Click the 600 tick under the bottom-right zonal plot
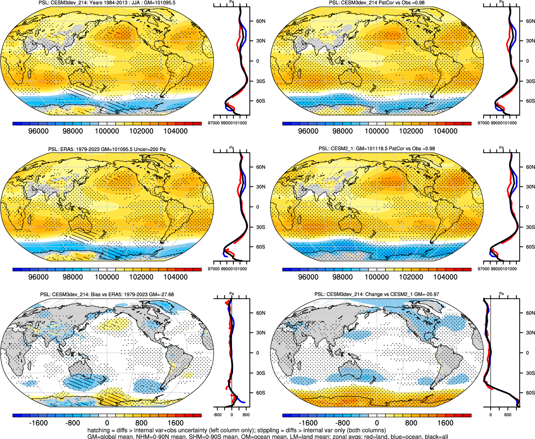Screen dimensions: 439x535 [x=508, y=415]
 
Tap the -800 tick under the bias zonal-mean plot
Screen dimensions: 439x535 [x=218, y=415]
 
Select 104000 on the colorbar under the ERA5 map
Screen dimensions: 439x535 [x=175, y=277]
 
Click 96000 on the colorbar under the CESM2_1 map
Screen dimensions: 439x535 [x=308, y=277]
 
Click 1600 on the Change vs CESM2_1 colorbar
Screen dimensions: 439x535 [x=445, y=423]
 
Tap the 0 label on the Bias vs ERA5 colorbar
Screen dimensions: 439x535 [x=107, y=423]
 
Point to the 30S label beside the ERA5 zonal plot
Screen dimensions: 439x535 [x=260, y=227]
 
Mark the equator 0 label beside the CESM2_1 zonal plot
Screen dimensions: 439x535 [x=527, y=207]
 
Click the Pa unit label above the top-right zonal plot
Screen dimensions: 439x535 [x=501, y=2]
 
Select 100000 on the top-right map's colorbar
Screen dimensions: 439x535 [x=377, y=131]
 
